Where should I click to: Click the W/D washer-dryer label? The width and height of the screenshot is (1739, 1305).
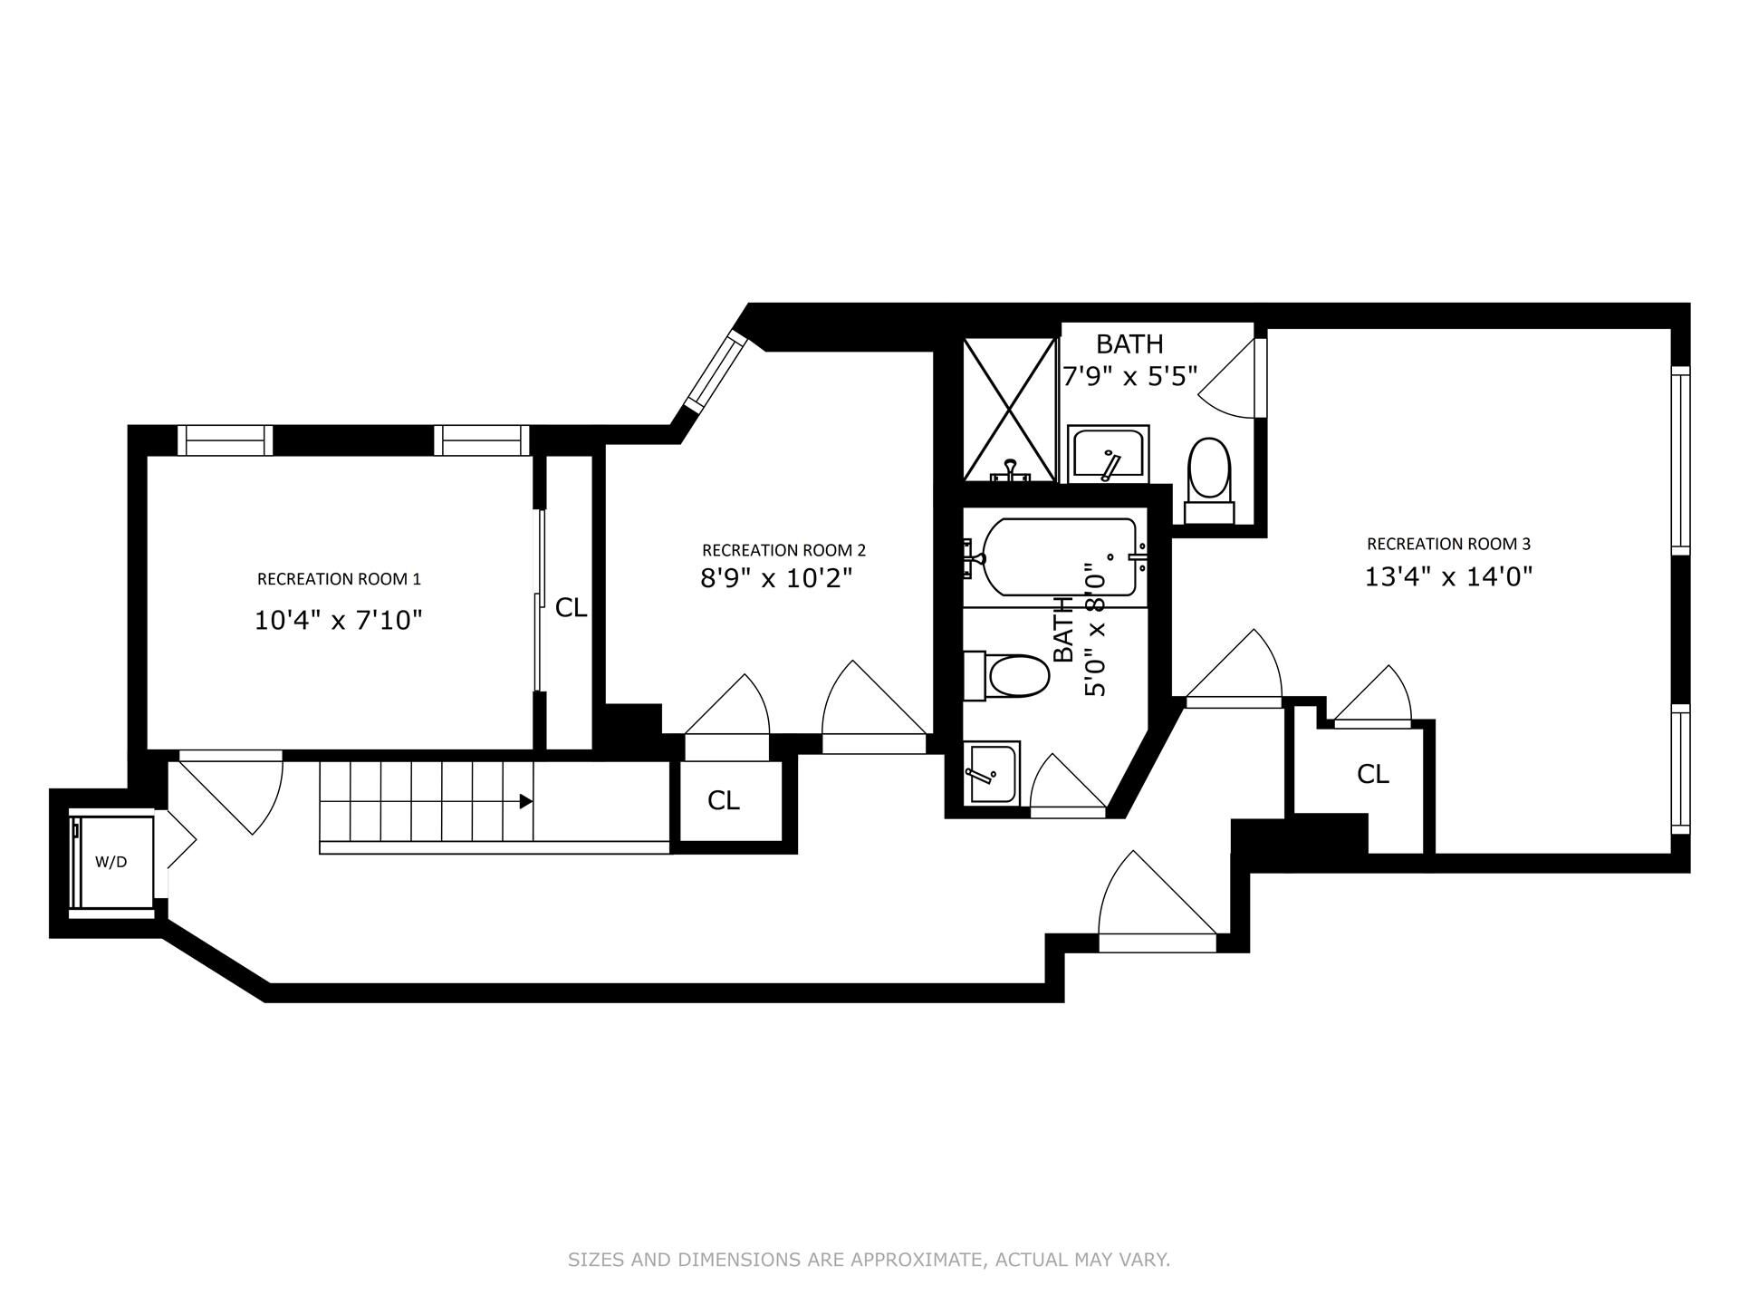[111, 862]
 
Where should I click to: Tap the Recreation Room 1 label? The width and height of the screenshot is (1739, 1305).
[339, 579]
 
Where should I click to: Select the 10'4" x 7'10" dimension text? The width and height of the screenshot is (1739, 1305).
[339, 621]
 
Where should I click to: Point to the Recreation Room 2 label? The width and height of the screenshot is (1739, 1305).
[783, 550]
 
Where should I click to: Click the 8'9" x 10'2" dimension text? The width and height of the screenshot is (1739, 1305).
[777, 578]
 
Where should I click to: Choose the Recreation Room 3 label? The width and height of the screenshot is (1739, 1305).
[1448, 544]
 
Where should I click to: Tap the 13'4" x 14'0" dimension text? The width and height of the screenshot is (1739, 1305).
[1448, 577]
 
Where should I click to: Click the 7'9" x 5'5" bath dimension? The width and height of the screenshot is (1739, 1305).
[1130, 375]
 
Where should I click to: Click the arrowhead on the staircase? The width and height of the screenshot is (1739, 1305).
[525, 801]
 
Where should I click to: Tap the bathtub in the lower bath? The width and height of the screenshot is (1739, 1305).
[1057, 557]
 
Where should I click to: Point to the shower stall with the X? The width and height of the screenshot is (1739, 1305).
[1010, 410]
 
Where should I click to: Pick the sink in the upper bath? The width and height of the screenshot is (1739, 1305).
[1108, 455]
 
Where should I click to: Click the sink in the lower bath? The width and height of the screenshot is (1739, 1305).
[993, 772]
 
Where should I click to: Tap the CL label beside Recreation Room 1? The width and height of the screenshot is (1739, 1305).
[571, 608]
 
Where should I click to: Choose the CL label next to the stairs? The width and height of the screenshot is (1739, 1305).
[724, 800]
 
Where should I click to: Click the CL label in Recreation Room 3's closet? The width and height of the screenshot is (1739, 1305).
[1373, 774]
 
